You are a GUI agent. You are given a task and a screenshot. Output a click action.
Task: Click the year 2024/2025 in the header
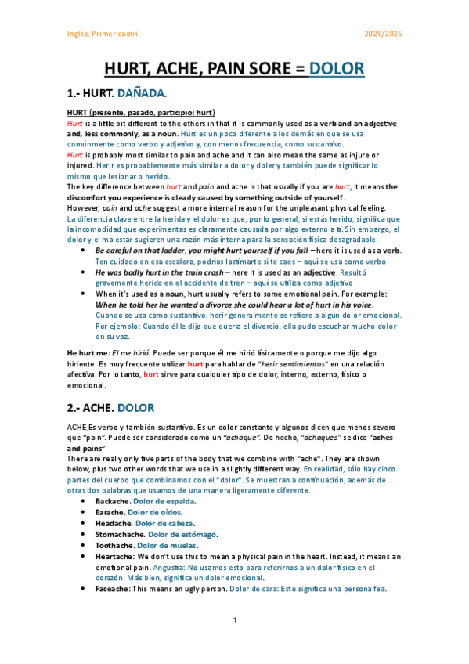pos(384,34)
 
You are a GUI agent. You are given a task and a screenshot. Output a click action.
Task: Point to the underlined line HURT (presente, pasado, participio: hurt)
pos(141,114)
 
